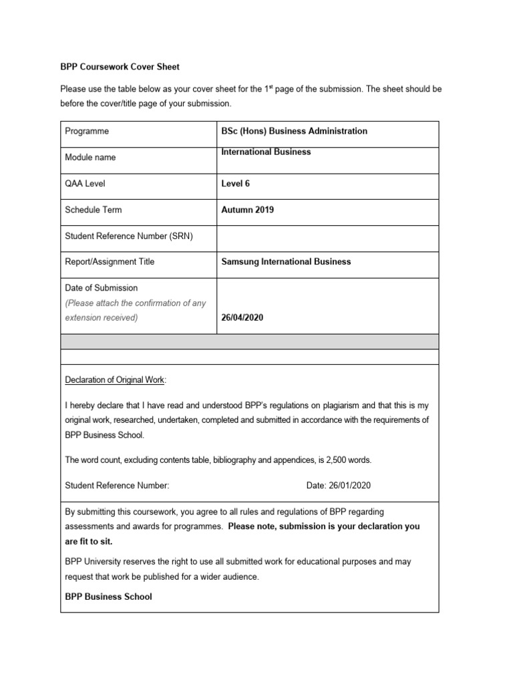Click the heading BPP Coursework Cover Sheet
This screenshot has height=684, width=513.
click(120, 67)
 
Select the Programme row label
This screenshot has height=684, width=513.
click(87, 132)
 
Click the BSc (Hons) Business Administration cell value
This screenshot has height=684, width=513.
click(294, 132)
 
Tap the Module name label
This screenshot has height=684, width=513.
click(90, 158)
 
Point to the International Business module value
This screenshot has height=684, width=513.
click(266, 152)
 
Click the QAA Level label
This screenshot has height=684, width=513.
click(85, 184)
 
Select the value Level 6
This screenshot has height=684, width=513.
click(235, 184)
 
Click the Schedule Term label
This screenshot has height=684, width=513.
click(93, 210)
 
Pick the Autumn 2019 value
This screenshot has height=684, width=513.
click(247, 210)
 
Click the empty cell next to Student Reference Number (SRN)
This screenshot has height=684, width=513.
click(327, 236)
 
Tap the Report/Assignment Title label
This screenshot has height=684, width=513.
click(110, 262)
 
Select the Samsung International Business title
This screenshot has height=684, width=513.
click(286, 262)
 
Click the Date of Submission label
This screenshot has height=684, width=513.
click(101, 288)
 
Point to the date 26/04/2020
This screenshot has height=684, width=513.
click(242, 318)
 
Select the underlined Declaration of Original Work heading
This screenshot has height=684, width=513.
click(115, 380)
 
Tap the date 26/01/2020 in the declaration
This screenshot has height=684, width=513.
click(355, 486)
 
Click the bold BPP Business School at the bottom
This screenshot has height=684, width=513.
click(108, 596)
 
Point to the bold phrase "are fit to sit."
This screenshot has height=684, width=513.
click(88, 542)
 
